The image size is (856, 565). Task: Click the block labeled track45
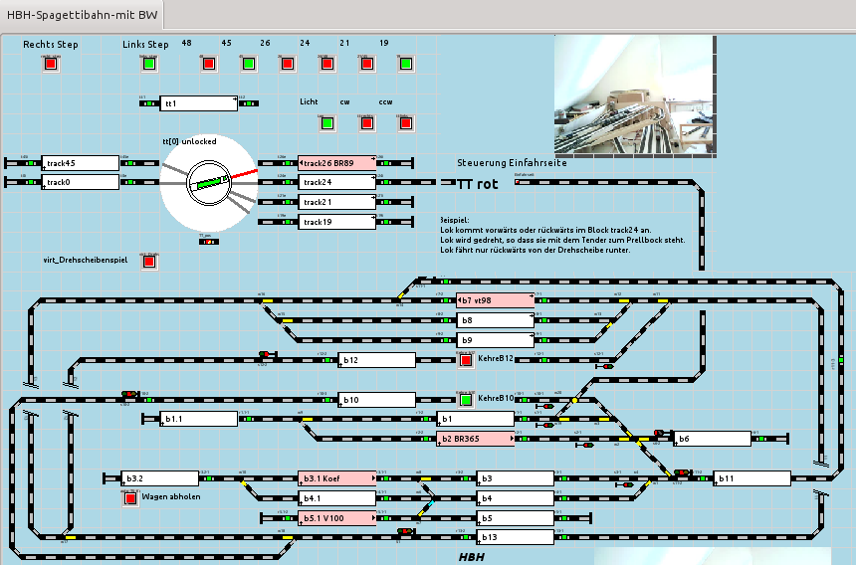click(x=81, y=163)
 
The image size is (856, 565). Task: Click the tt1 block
click(x=199, y=103)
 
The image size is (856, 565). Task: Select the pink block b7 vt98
click(x=496, y=299)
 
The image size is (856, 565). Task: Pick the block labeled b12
click(x=377, y=360)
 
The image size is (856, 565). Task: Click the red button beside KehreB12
click(x=466, y=360)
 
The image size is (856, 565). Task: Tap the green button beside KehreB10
click(x=466, y=400)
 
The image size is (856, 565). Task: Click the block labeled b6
click(x=713, y=439)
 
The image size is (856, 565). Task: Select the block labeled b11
click(x=751, y=478)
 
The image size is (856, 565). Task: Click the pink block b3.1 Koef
click(x=337, y=478)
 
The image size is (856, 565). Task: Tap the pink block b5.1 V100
click(x=337, y=517)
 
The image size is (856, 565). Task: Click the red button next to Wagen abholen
click(x=130, y=498)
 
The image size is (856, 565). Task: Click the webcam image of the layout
click(x=634, y=95)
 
